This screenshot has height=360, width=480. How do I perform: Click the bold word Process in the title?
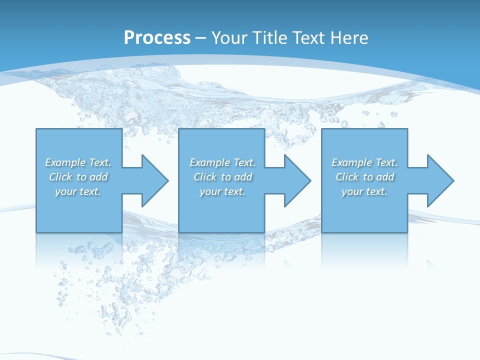point(157,38)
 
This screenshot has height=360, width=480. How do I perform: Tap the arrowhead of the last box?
point(439,180)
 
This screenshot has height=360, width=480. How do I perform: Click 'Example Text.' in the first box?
point(78,162)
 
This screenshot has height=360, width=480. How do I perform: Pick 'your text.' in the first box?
point(78,191)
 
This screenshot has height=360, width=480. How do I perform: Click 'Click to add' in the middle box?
point(223,177)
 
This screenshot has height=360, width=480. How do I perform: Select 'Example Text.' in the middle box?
point(222,162)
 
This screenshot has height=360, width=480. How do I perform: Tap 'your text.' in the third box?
point(364,191)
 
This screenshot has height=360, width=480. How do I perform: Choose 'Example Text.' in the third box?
point(364,162)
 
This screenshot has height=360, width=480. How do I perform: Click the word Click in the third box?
point(347,177)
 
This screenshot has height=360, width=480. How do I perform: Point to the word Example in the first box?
point(65,162)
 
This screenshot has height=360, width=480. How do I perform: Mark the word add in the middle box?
point(243,177)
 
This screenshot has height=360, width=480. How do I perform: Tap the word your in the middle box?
point(209,191)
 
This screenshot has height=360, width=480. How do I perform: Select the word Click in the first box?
point(60,177)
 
